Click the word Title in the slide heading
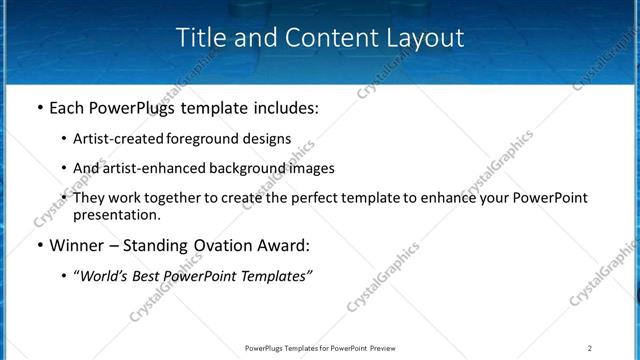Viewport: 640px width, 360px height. coord(200,38)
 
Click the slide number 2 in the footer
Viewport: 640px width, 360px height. coord(590,348)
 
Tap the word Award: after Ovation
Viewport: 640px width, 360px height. coord(284,245)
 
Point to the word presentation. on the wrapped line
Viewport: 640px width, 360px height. coord(116,214)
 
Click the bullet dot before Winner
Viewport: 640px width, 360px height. coord(39,245)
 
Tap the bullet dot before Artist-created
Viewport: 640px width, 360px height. coord(64,139)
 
